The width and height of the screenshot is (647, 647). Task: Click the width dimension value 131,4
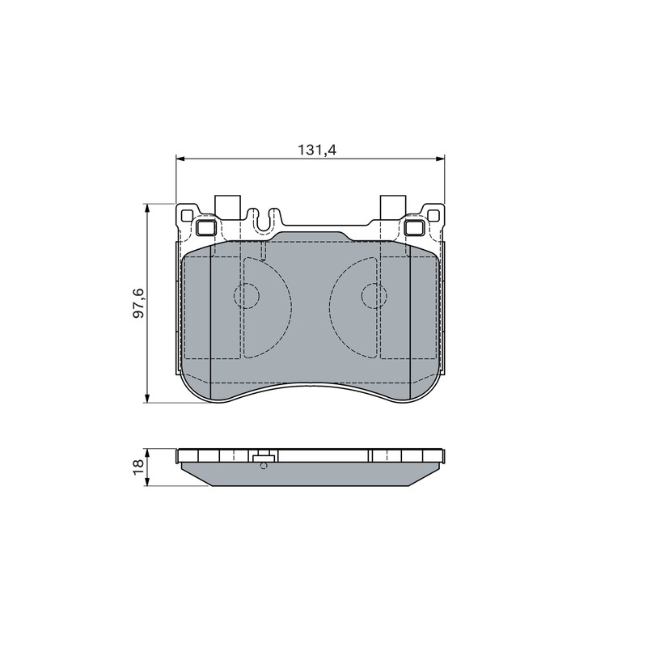click(317, 150)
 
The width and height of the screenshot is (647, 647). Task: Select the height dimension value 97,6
click(138, 302)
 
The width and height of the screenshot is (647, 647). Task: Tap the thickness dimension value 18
click(138, 467)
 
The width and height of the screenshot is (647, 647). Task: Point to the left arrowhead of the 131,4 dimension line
click(180, 158)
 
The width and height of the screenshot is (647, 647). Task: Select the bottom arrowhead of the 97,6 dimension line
click(147, 399)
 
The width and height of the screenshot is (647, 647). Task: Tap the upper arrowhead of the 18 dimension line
click(147, 452)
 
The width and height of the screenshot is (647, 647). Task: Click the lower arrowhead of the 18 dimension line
click(147, 482)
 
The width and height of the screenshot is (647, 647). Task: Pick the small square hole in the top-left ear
click(187, 215)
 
